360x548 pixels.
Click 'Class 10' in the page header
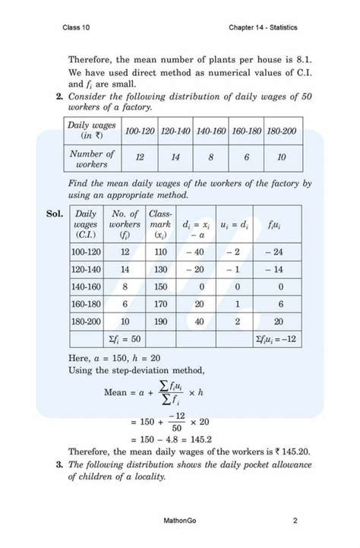point(77,27)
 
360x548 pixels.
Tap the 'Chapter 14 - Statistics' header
point(262,27)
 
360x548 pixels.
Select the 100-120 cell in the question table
point(141,131)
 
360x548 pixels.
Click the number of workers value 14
point(175,158)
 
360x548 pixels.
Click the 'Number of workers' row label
point(90,158)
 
